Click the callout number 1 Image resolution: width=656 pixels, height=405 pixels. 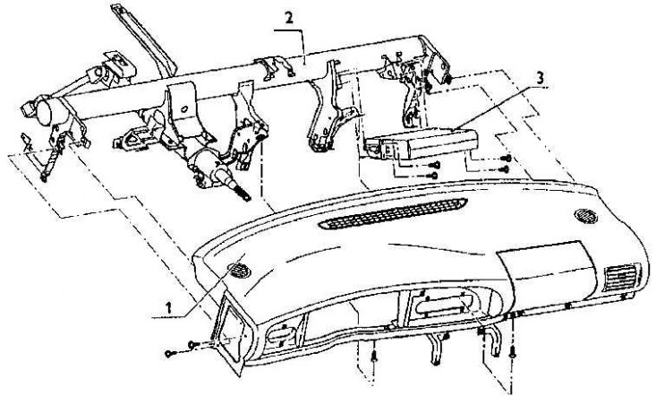click(x=168, y=308)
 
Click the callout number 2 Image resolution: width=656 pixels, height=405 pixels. click(x=289, y=18)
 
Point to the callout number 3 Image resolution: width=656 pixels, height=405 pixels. click(x=540, y=78)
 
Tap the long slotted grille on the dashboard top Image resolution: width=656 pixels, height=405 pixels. click(x=392, y=213)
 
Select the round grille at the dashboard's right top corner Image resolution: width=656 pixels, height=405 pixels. click(x=585, y=216)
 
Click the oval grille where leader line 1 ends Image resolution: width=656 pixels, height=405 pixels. click(x=239, y=271)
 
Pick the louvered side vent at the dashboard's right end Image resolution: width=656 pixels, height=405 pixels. click(x=620, y=277)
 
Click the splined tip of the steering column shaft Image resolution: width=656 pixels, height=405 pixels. click(x=243, y=193)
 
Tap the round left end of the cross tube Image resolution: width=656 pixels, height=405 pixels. click(x=44, y=110)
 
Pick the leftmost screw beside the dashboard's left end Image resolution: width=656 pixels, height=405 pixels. click(x=168, y=354)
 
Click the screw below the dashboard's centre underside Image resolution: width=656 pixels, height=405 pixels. click(x=374, y=358)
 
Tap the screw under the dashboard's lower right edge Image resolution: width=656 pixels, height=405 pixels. click(x=513, y=353)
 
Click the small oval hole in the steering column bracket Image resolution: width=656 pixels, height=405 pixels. click(x=183, y=109)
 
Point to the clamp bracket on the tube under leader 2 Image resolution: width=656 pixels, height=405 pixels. click(x=276, y=68)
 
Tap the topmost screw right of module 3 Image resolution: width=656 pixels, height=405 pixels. click(x=507, y=159)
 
